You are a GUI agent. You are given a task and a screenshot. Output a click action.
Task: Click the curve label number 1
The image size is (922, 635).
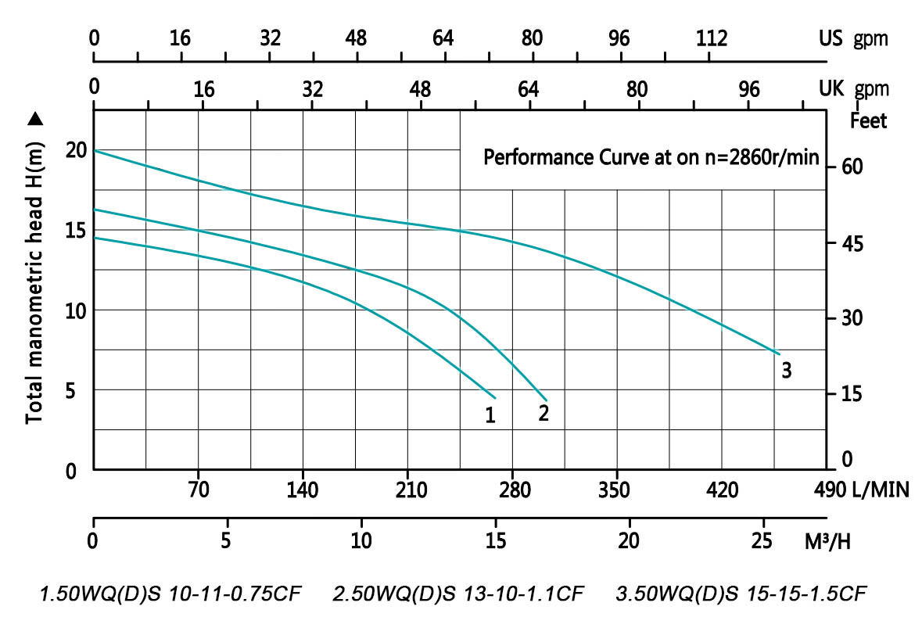[490, 415]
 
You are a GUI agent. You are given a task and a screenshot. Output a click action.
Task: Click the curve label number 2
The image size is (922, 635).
[544, 411]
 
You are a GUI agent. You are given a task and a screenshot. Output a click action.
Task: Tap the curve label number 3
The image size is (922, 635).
[787, 371]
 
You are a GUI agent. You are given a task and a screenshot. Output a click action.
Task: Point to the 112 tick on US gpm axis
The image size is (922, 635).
[712, 38]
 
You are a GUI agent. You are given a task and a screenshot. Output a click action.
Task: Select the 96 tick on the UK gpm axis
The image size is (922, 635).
[750, 88]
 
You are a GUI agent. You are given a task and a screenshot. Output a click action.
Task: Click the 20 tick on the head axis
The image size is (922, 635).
[74, 150]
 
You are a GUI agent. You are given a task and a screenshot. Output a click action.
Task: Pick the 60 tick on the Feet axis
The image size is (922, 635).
[850, 167]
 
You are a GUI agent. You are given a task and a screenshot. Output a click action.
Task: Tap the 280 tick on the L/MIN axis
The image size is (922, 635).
[511, 491]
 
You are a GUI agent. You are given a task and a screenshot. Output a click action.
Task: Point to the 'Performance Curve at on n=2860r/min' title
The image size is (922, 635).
[651, 158]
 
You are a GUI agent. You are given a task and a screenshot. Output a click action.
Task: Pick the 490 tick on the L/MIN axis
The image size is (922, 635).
[828, 491]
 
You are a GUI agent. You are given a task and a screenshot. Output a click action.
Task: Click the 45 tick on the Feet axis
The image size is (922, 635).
[850, 243]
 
